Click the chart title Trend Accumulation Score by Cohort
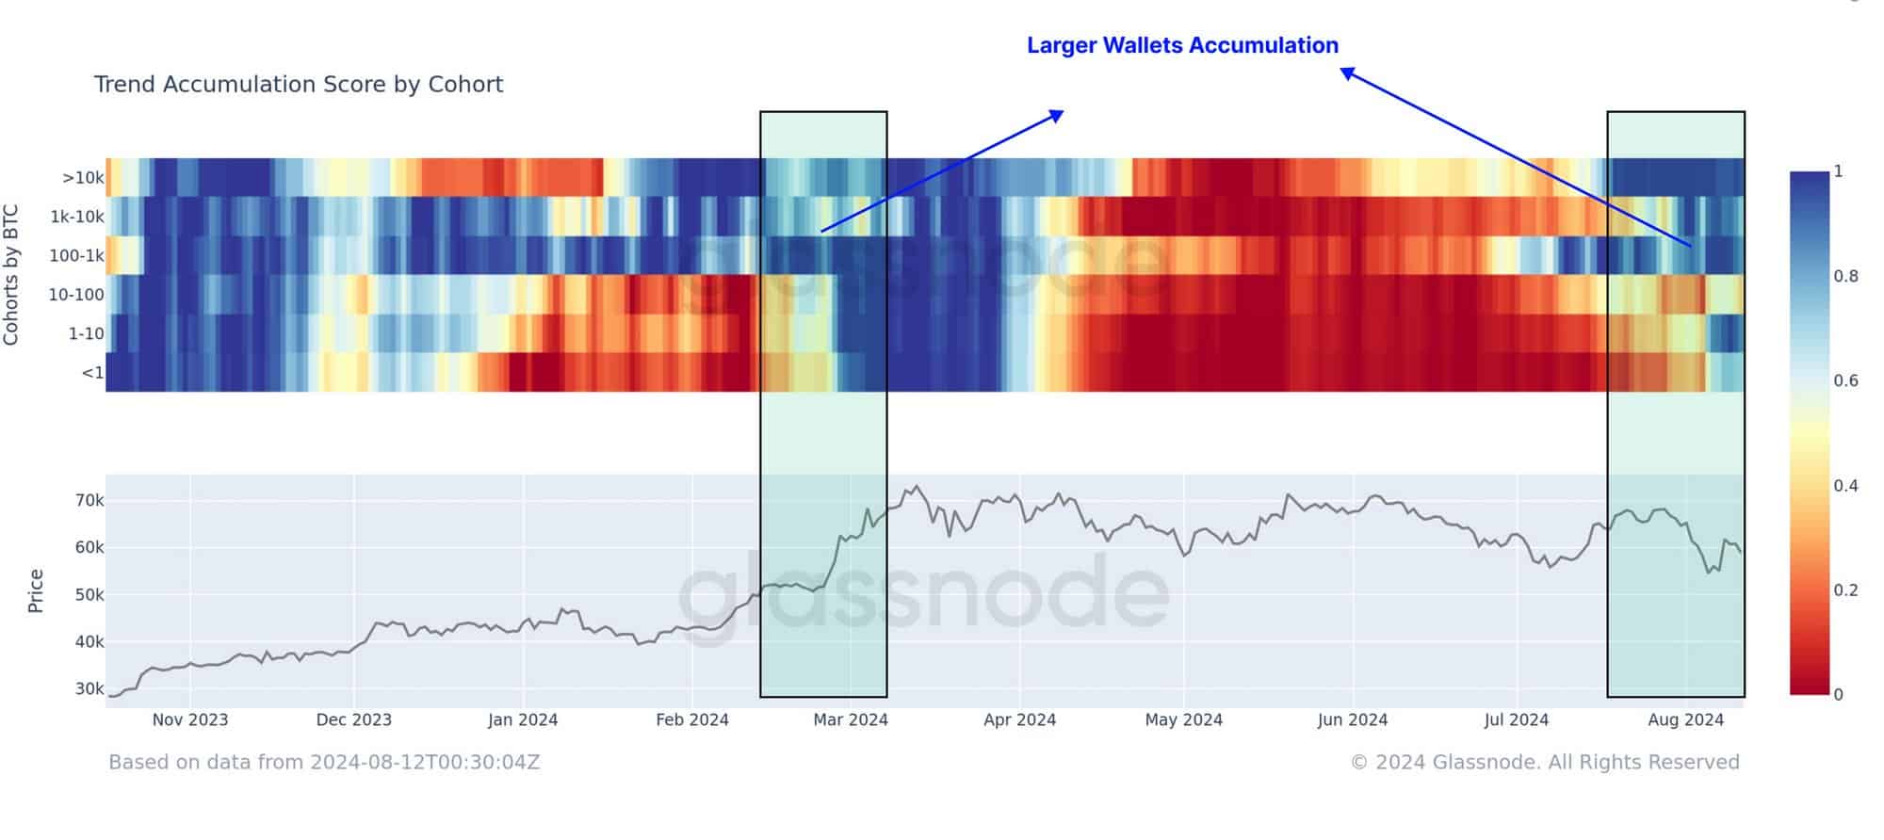[x=299, y=85]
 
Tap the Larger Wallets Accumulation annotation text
[x=1182, y=45]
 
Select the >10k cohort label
[x=83, y=178]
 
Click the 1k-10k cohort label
[x=77, y=217]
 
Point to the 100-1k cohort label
[x=77, y=255]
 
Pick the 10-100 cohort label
[x=76, y=295]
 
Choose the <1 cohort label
[x=92, y=373]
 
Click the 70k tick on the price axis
[x=89, y=500]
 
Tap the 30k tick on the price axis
[x=89, y=688]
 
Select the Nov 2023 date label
[x=190, y=720]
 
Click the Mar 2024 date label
[x=851, y=720]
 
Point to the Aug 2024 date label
[x=1685, y=720]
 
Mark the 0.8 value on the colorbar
[x=1845, y=276]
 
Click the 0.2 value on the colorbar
[x=1845, y=590]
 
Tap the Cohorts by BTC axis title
[x=11, y=275]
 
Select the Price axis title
[x=36, y=590]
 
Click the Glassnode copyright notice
[x=1545, y=762]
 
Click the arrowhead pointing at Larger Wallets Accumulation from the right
[x=1348, y=73]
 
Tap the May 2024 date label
[x=1183, y=720]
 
